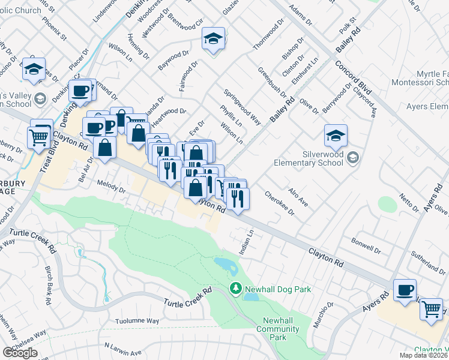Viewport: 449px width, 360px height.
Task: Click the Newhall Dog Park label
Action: point(277,289)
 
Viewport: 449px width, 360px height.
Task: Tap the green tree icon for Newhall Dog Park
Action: point(235,289)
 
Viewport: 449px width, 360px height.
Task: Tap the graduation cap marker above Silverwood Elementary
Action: point(336,136)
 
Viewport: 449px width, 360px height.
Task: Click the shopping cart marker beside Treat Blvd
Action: point(39,137)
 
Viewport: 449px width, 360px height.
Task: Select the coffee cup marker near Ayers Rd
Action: point(405,291)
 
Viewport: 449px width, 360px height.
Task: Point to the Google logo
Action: point(20,353)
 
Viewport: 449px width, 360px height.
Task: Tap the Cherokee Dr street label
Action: point(281,203)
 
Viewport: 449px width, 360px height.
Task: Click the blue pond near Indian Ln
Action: point(225,265)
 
